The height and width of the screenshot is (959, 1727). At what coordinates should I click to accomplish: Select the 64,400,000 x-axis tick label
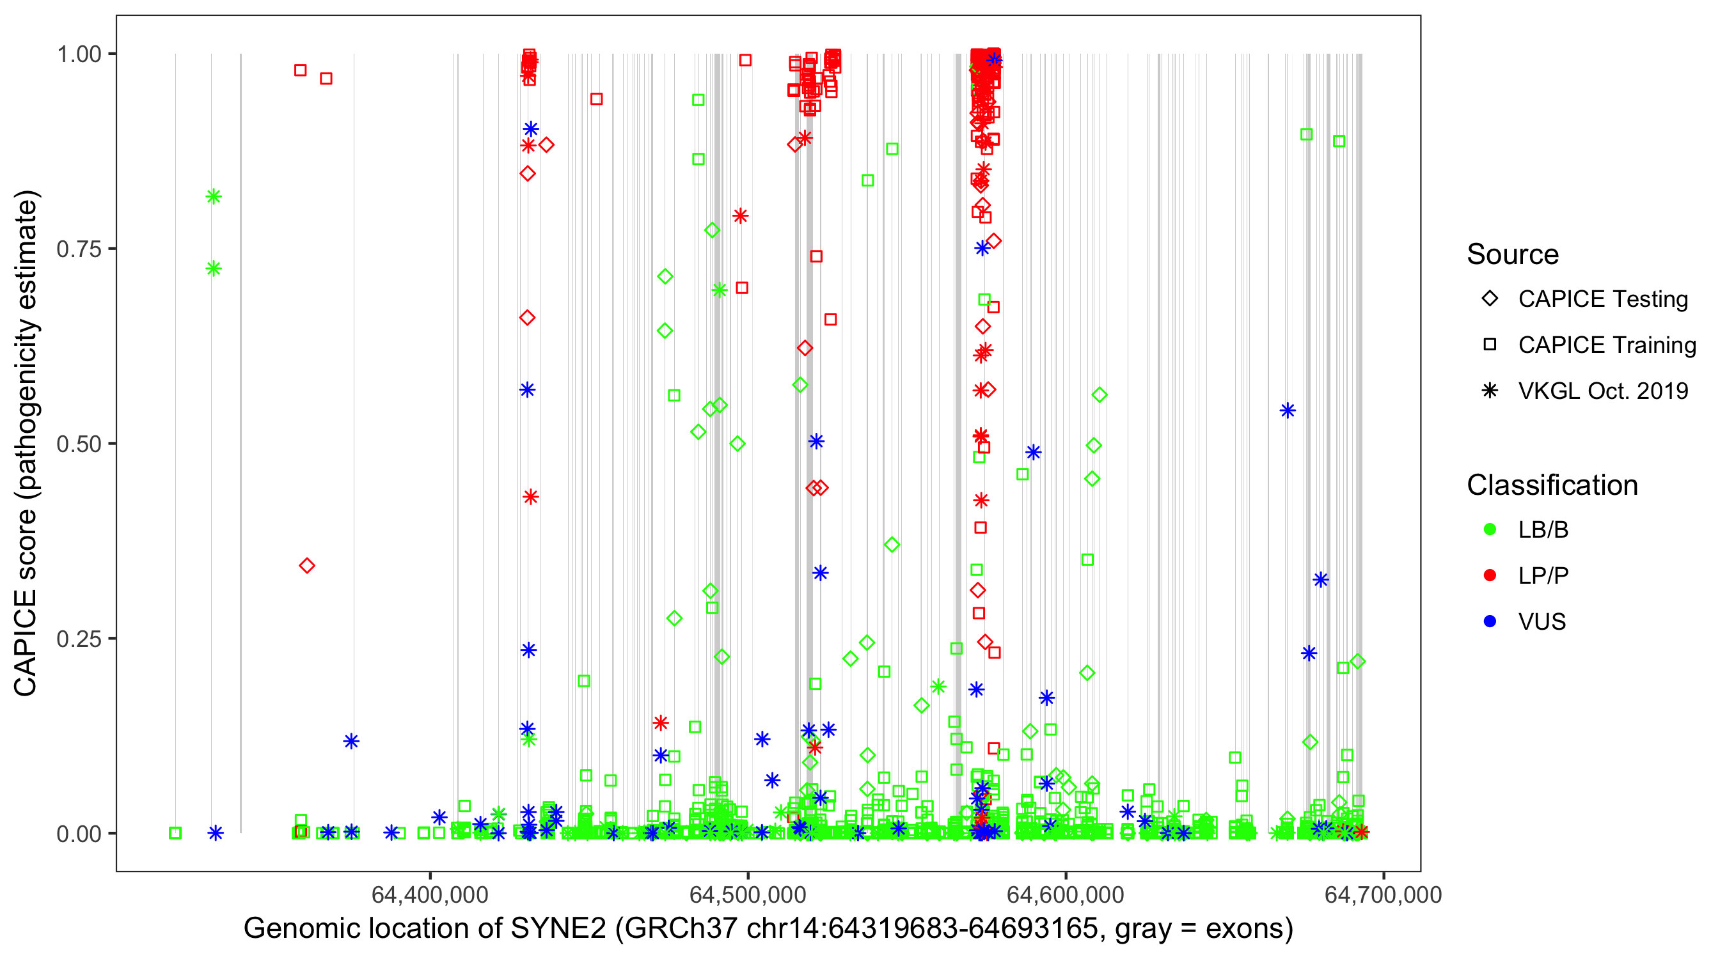(430, 894)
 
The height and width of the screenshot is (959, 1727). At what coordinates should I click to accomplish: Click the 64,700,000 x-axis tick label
(1383, 894)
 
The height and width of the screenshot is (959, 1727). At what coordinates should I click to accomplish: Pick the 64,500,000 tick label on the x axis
(748, 894)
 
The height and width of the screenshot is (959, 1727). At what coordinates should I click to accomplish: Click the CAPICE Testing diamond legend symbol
(1490, 299)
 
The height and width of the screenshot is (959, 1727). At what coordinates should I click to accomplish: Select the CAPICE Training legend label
(1607, 345)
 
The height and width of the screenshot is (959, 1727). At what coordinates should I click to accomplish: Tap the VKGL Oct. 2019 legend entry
(1603, 391)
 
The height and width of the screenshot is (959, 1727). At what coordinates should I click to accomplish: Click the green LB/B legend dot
(1490, 530)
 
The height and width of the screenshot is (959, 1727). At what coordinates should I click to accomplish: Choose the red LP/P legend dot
(1490, 575)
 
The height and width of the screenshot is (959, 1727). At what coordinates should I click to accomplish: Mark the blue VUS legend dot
(1490, 622)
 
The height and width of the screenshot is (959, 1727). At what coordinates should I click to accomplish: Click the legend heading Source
(1513, 254)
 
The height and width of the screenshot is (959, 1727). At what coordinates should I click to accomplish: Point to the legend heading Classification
(1552, 485)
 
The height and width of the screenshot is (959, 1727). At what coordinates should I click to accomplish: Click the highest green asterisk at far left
(213, 196)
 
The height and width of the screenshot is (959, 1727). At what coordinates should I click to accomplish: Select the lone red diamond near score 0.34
(307, 566)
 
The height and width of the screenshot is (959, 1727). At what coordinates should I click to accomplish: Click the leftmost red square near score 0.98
(301, 70)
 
